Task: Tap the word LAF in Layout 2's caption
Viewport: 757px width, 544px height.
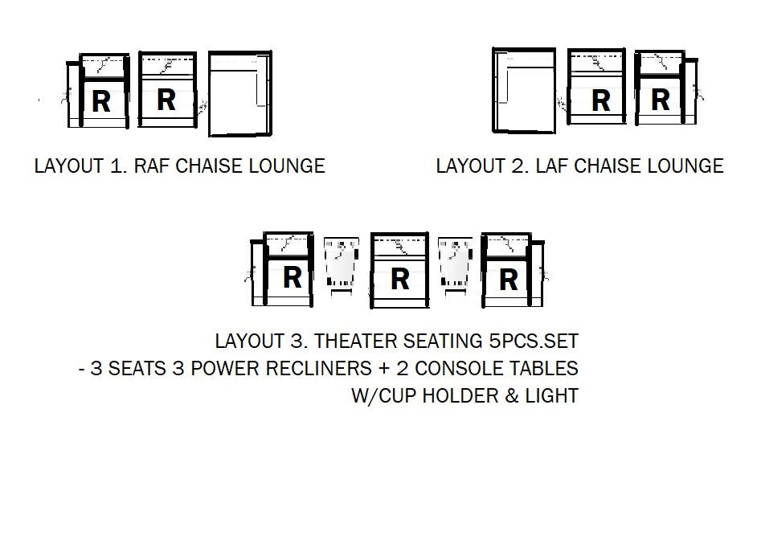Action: [552, 166]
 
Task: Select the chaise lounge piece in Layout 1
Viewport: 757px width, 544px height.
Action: [240, 94]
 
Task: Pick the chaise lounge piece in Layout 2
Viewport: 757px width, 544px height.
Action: [524, 90]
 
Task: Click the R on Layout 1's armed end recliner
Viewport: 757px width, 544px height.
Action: [101, 101]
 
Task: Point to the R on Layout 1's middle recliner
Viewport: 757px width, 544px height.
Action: [166, 100]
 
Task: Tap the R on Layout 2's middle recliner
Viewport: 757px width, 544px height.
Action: [601, 101]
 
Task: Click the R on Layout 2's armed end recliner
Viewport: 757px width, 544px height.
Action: [661, 100]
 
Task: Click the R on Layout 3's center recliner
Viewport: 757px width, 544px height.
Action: [399, 280]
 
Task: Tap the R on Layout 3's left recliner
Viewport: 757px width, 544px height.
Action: [292, 277]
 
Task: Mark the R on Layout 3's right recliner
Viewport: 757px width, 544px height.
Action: [509, 280]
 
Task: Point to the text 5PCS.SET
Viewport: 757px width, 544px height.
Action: [533, 342]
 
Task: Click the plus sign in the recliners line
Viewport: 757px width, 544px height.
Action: [384, 369]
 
